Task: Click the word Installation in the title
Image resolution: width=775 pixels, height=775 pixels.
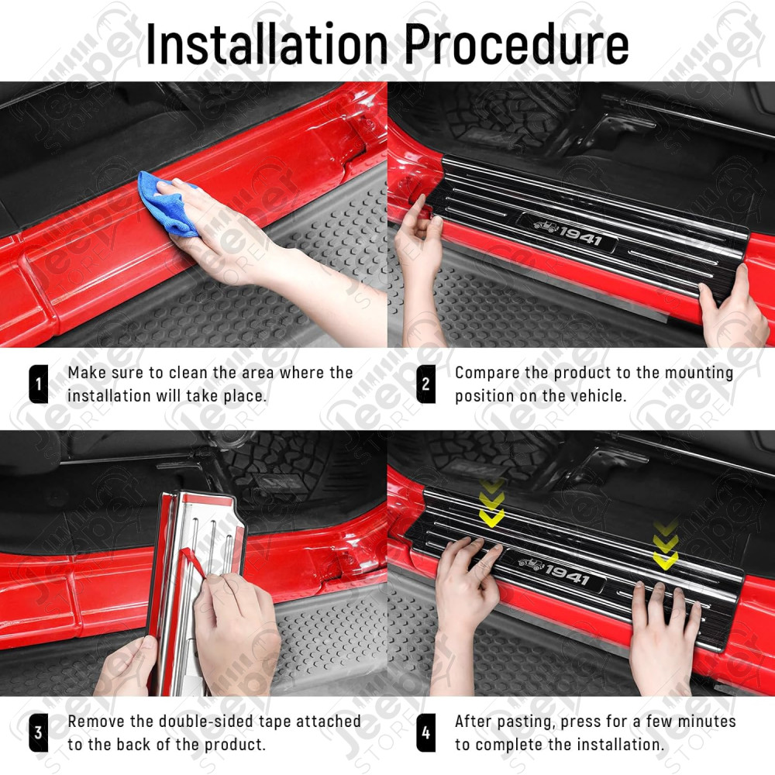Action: coord(267,44)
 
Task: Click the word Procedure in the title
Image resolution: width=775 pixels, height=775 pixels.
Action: coord(516,44)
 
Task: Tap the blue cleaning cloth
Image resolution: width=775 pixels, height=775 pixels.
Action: coord(167,202)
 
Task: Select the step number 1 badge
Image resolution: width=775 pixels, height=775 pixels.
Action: coord(38,384)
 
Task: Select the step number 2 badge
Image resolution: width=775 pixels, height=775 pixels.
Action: coord(425,384)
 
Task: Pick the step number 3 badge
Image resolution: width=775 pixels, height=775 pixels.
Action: coord(38,732)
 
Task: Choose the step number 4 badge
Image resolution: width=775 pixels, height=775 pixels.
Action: coord(425,732)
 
